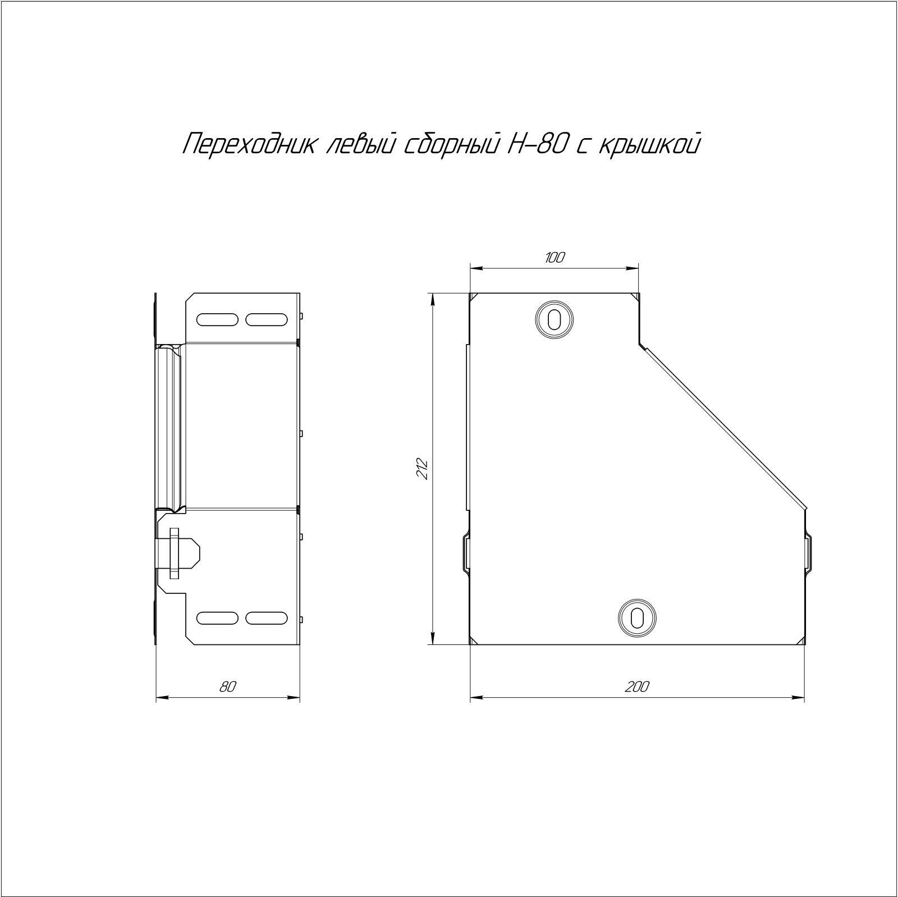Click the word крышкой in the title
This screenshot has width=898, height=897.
coord(650,144)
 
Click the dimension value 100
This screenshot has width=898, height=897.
coord(555,258)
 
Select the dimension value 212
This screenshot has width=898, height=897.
coord(423,469)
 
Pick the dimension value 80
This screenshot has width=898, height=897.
coord(227,686)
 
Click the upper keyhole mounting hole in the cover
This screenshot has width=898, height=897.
coord(554,320)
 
